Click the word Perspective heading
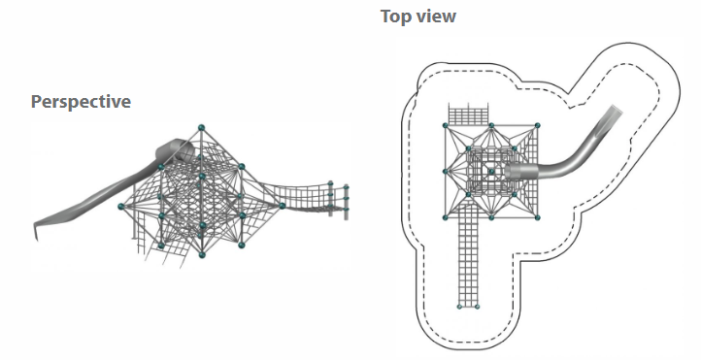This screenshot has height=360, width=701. (81, 102)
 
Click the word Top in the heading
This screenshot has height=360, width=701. (396, 16)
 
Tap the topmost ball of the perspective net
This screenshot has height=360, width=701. (201, 128)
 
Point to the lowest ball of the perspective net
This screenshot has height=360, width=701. (202, 254)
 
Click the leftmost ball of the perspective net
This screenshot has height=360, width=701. (120, 207)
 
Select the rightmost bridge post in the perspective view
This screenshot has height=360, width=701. (346, 202)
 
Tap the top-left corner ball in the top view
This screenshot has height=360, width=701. (446, 125)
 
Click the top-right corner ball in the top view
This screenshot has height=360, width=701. (537, 125)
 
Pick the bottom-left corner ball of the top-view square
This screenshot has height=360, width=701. (446, 217)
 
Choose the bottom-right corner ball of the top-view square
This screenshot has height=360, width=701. (537, 217)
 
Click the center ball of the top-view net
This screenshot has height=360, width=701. (491, 172)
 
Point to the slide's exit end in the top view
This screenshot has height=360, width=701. (617, 110)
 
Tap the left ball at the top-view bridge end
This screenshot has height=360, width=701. (459, 307)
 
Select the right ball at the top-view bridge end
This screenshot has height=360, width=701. (477, 307)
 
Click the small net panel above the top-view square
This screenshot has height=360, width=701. (468, 115)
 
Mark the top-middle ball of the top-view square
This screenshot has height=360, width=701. (491, 125)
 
